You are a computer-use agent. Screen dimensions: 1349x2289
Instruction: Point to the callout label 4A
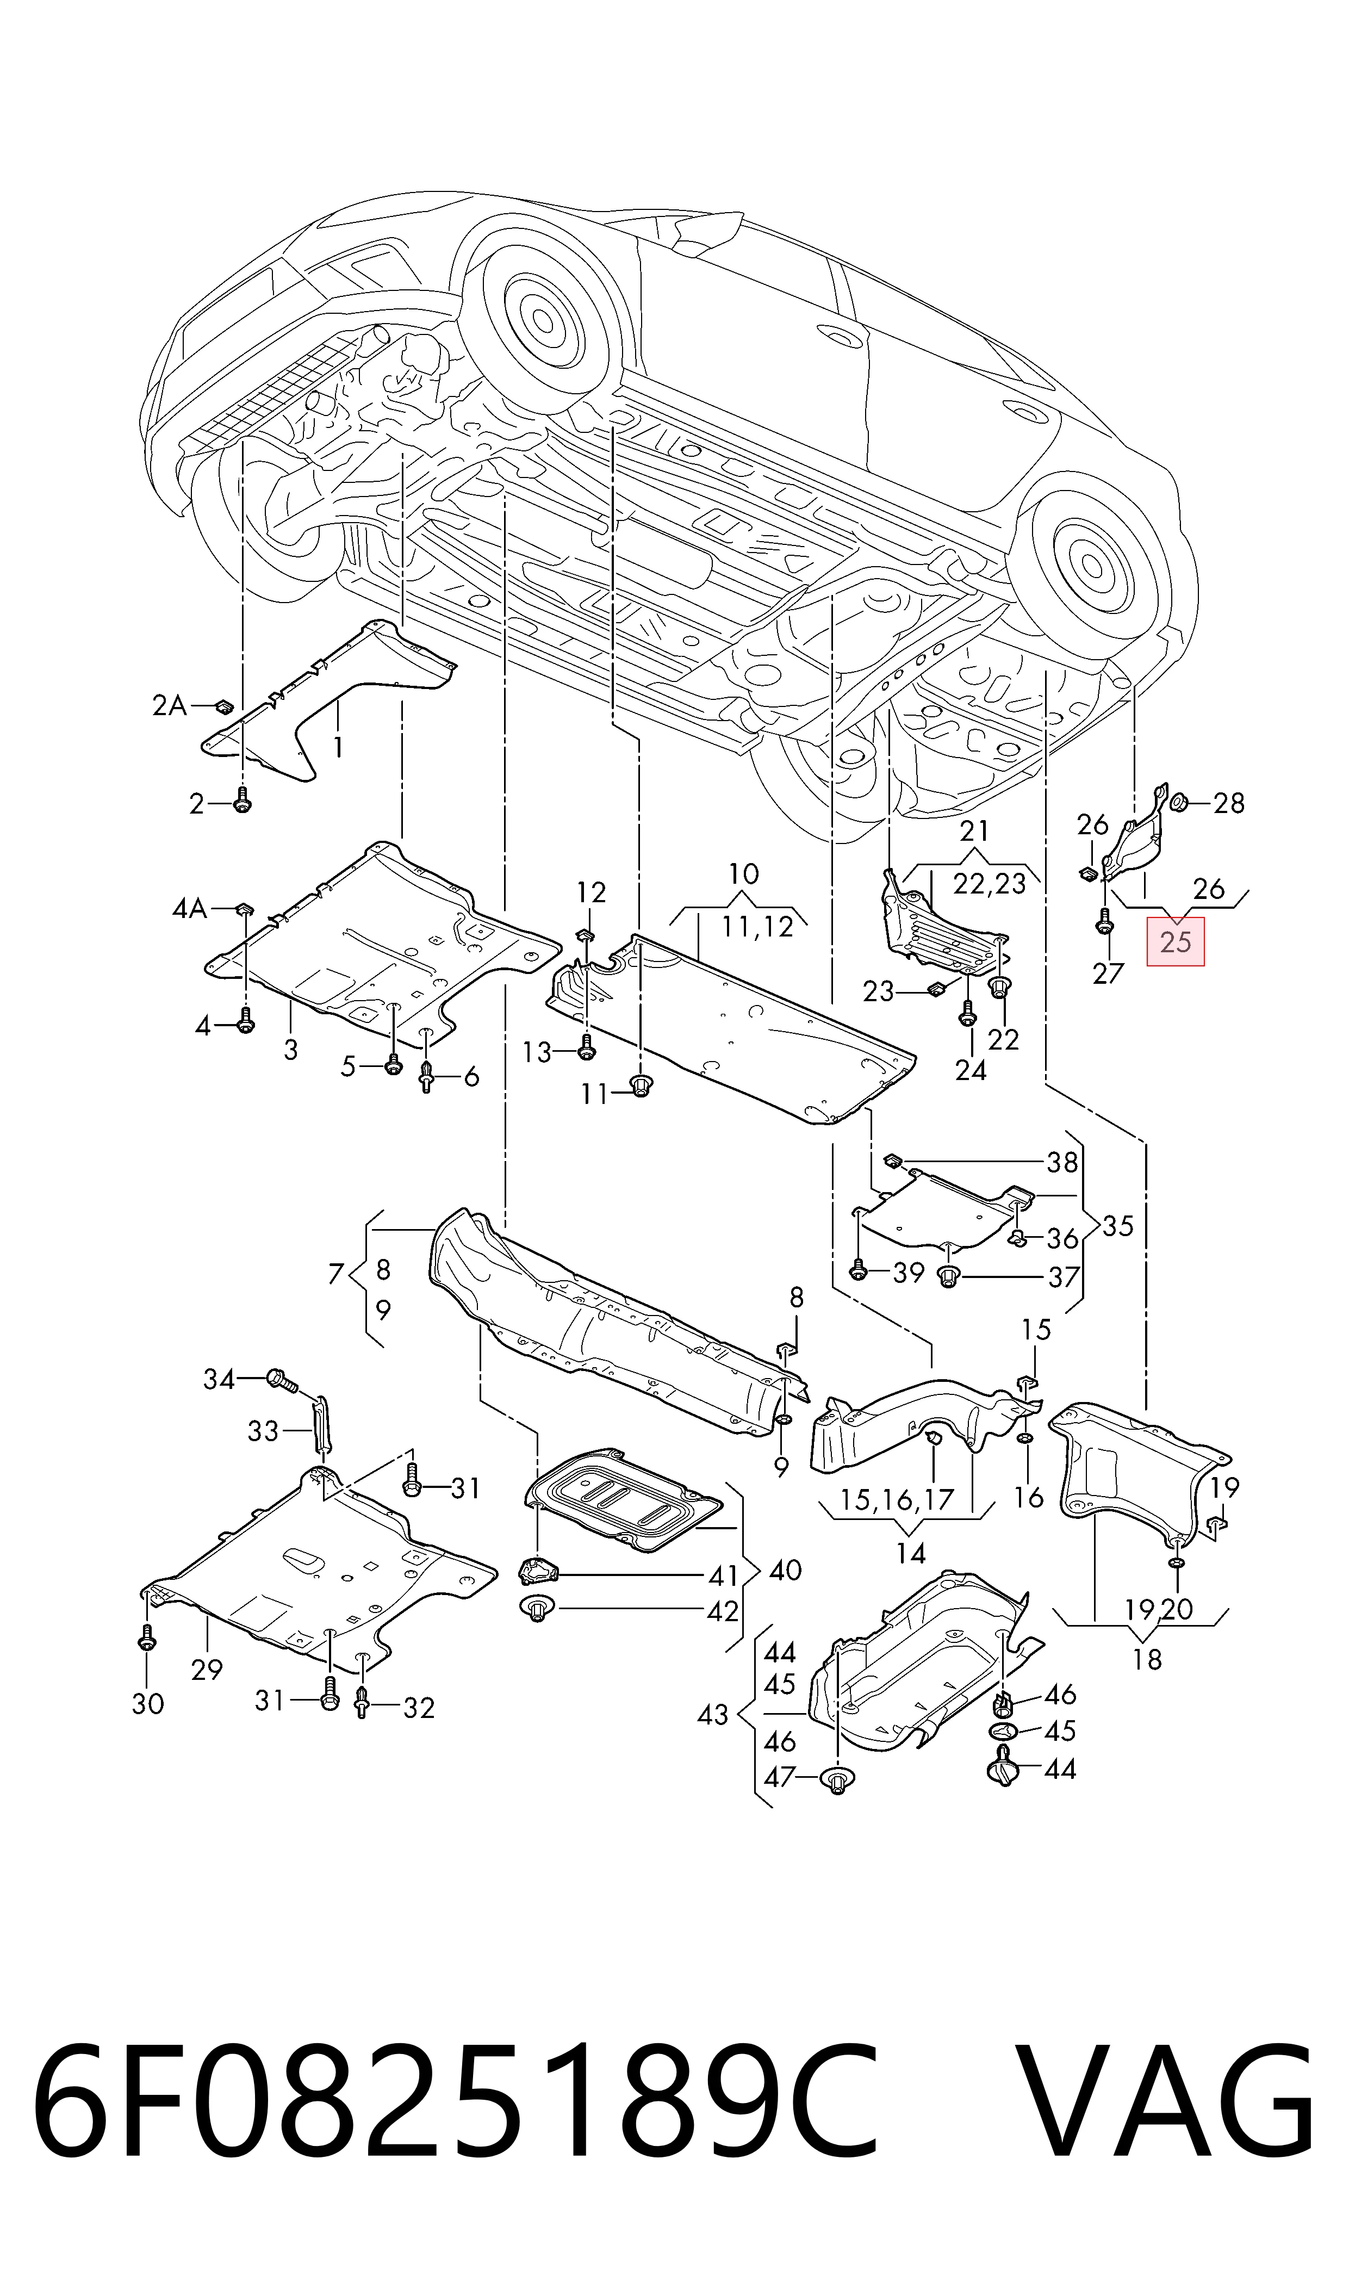[190, 908]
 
